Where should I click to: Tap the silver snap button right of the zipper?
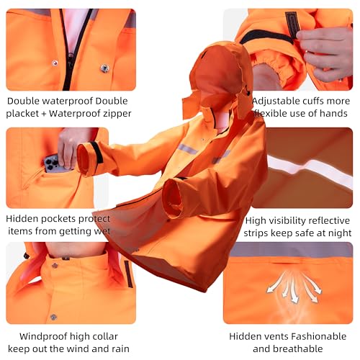click(105, 68)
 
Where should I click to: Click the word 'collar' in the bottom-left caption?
click(101, 336)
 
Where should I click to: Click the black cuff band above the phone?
click(96, 151)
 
